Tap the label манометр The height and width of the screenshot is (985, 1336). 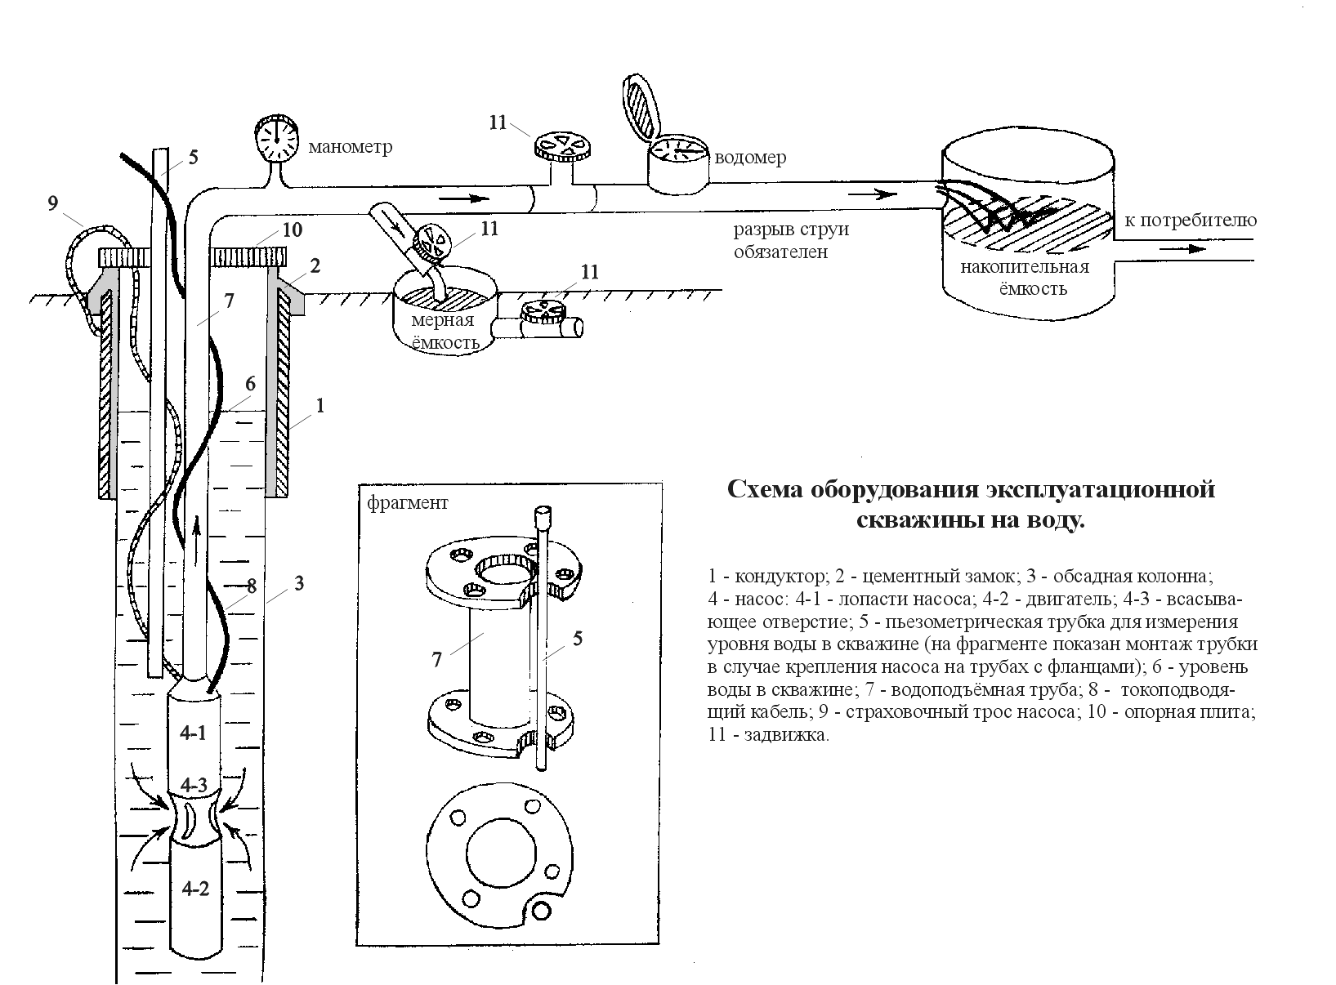click(350, 147)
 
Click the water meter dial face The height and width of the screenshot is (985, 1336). click(677, 149)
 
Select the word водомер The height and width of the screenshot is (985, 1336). click(750, 158)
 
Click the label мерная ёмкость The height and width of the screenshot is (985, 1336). click(445, 331)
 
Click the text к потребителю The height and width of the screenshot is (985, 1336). click(1190, 221)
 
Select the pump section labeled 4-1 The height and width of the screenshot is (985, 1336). click(193, 733)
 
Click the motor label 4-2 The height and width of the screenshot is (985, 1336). click(195, 889)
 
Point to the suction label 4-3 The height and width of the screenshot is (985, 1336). click(194, 786)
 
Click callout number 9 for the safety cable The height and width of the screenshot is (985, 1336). click(53, 203)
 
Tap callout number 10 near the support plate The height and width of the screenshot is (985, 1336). click(292, 230)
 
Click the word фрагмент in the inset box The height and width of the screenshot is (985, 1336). click(407, 503)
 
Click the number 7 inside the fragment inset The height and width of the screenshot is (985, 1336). click(437, 660)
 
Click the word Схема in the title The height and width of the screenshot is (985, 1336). click(764, 490)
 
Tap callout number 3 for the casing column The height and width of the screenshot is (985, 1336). click(299, 583)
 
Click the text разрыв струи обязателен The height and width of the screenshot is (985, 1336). click(790, 240)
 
